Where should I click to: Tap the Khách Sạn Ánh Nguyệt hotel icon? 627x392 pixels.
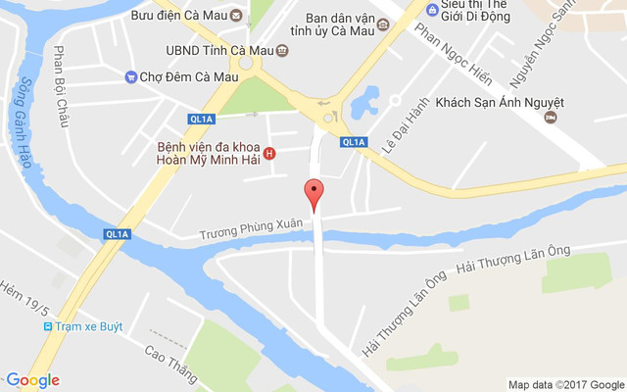[x=552, y=118]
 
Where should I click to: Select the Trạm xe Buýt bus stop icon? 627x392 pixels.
[x=46, y=326]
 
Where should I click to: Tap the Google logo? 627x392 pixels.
[x=32, y=380]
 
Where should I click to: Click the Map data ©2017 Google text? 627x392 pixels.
[x=565, y=384]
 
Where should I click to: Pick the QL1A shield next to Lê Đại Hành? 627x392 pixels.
[x=354, y=142]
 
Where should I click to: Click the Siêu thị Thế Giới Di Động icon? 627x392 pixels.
[x=433, y=10]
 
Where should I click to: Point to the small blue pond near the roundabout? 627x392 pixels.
[x=366, y=98]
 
